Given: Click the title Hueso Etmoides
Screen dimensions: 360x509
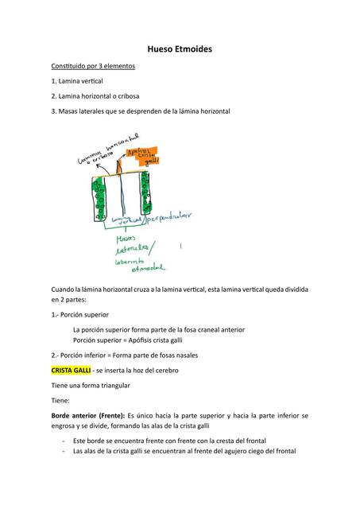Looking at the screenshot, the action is click(x=180, y=49).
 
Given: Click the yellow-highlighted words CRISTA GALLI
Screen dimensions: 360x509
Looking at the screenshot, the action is click(x=71, y=371).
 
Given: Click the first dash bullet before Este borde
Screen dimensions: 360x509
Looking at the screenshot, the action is click(x=64, y=440).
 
